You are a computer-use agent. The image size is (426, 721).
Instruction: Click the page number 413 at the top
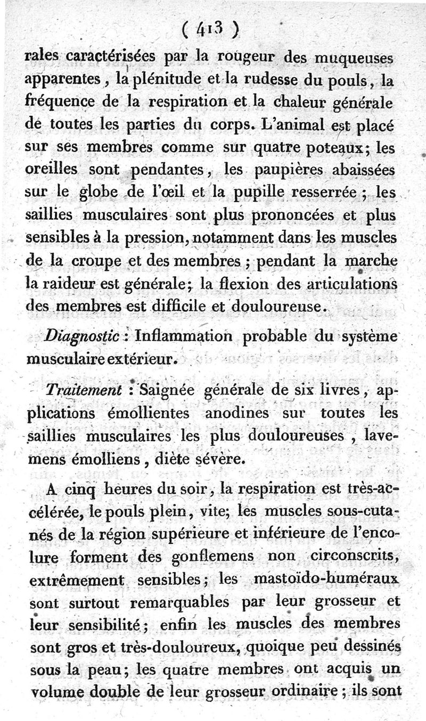(212, 26)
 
